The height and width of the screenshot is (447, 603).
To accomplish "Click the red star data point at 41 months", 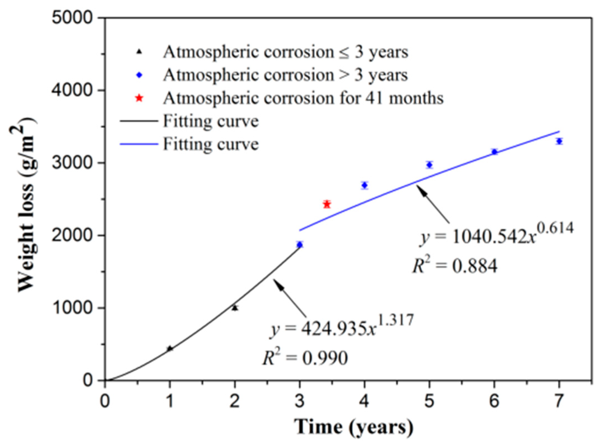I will point(327,204).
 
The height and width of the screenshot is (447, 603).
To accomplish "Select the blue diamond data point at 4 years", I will point(365,185).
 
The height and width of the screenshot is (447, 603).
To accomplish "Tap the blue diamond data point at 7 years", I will point(559,141).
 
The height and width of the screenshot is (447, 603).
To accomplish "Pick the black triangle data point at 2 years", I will point(235,308).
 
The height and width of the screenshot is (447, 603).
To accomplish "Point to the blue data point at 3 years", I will point(300,245).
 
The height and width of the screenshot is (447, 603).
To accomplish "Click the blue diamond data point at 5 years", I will point(429,165).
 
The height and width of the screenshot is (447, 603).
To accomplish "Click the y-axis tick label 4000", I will point(72,90).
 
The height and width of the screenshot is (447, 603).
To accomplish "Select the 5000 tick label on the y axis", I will point(72,18).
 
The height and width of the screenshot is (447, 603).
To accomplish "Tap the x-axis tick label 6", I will point(494,401).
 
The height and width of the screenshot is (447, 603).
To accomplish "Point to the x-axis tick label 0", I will point(105,401).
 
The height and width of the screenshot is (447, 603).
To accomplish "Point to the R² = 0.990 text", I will point(305,358).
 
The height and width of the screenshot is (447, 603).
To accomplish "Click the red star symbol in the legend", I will point(139,98).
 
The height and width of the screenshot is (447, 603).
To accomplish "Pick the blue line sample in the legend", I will point(139,144).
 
